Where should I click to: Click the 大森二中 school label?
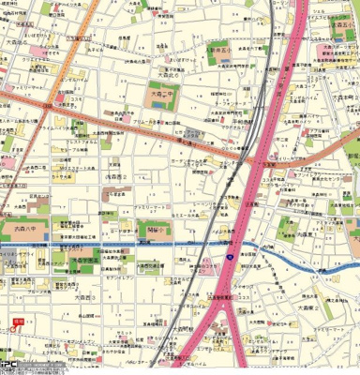tap(162, 95)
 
